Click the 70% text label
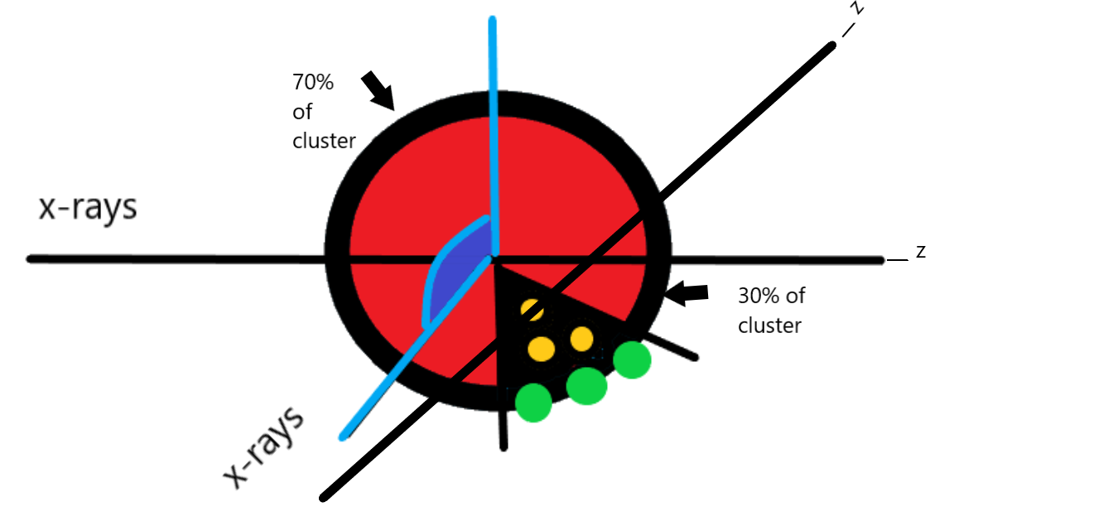pos(312,83)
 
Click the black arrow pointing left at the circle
pos(688,292)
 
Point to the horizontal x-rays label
pos(88,208)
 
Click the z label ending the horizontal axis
pos(919,251)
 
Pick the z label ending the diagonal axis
pos(859,8)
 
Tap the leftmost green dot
pos(533,403)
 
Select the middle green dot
pos(586,385)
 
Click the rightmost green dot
pos(632,360)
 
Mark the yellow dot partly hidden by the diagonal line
pos(532,310)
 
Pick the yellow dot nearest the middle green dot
pos(581,338)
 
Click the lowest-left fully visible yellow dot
pos(541,349)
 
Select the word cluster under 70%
pos(324,142)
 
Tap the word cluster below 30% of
pos(769,326)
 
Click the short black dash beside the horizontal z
pos(898,259)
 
